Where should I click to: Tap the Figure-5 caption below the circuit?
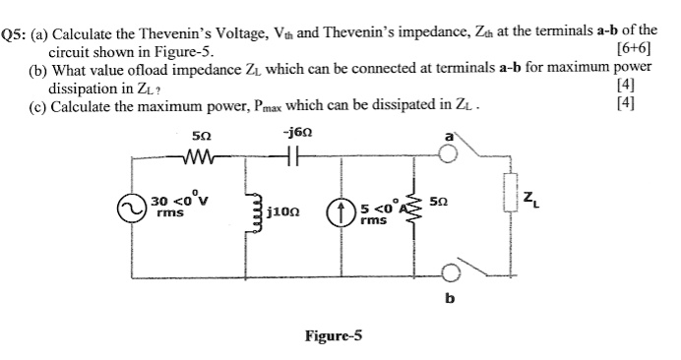333,335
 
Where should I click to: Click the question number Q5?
15,32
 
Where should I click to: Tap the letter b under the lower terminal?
451,301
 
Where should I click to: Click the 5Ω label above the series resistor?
200,134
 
